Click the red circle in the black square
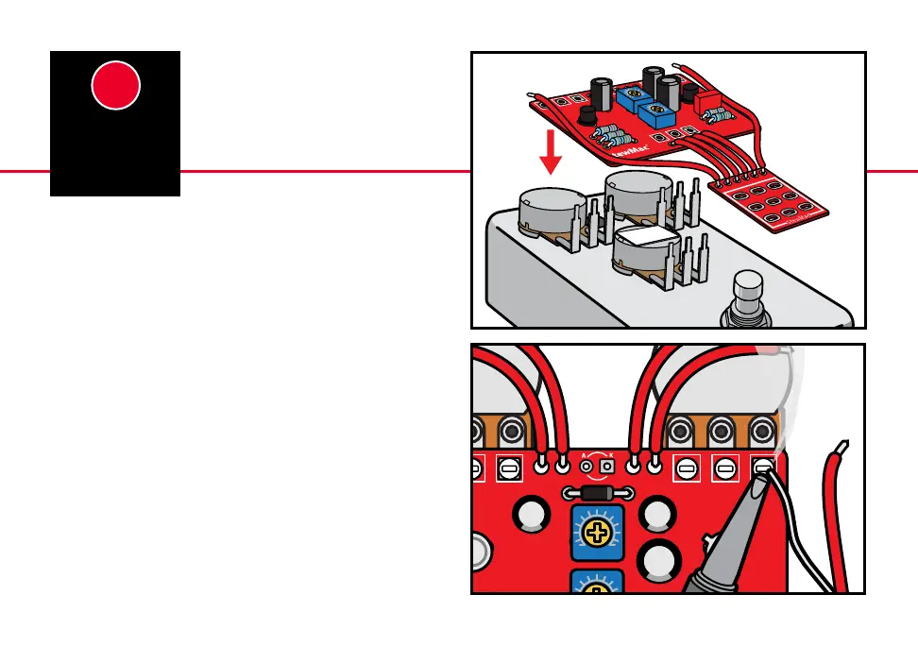(116, 86)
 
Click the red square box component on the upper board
(707, 102)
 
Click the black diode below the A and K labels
(597, 493)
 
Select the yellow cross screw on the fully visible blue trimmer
(597, 534)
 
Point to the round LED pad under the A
(586, 467)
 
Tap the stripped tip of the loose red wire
(843, 447)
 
